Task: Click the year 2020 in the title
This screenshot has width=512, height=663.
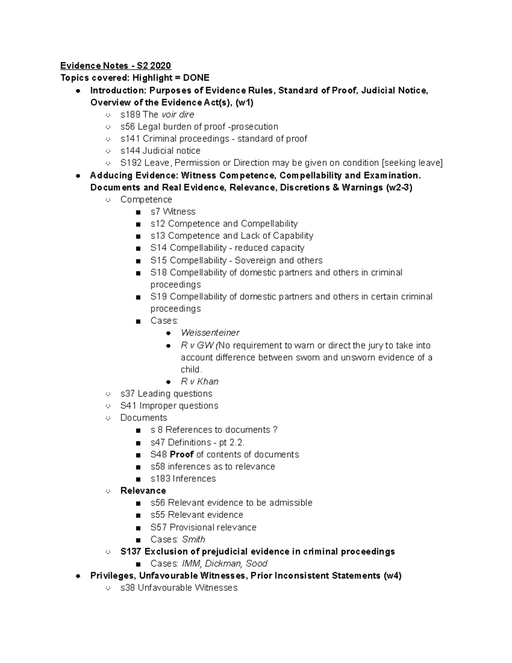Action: pyautogui.click(x=161, y=66)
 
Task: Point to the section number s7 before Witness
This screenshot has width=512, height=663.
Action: pyautogui.click(x=155, y=212)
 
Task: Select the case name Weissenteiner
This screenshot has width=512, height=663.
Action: pyautogui.click(x=210, y=333)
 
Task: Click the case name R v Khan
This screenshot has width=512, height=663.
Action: pyautogui.click(x=199, y=382)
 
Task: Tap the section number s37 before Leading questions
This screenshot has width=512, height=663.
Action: pyautogui.click(x=128, y=394)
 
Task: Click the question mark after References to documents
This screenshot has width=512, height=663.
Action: pyautogui.click(x=275, y=430)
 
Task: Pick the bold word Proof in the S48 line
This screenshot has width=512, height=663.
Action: pyautogui.click(x=182, y=455)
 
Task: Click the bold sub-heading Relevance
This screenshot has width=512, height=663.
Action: pyautogui.click(x=143, y=491)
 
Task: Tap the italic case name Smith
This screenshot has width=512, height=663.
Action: pyautogui.click(x=193, y=540)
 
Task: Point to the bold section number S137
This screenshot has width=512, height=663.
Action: pyautogui.click(x=131, y=552)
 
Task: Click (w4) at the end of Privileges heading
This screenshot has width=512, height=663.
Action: pyautogui.click(x=393, y=576)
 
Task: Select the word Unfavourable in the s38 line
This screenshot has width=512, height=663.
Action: pyautogui.click(x=165, y=588)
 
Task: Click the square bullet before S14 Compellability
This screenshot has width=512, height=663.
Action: pyautogui.click(x=138, y=248)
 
